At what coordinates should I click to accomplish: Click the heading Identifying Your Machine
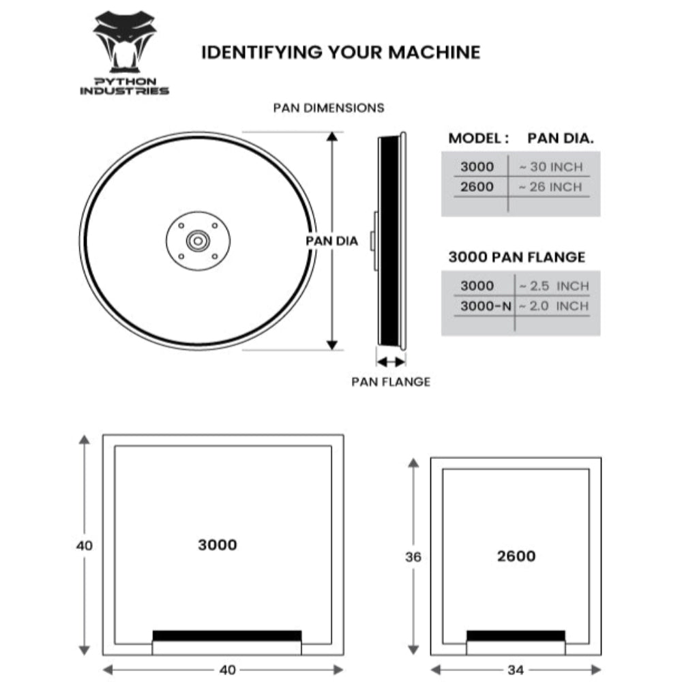[340, 53]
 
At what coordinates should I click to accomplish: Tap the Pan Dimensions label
[329, 108]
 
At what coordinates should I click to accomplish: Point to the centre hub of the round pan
[198, 241]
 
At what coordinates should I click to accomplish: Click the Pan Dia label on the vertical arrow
[331, 241]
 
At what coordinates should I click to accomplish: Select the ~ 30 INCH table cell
[550, 166]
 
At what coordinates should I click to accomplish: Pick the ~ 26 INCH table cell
[550, 187]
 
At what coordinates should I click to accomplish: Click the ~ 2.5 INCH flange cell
[553, 286]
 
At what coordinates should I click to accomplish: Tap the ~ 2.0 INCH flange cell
[553, 306]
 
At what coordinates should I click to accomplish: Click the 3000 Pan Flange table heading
[516, 257]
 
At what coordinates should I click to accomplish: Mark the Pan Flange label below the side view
[391, 382]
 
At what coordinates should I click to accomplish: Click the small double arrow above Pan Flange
[391, 361]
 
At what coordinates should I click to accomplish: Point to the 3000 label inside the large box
[218, 545]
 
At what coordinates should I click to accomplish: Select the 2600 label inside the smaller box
[516, 556]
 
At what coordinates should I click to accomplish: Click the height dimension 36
[413, 557]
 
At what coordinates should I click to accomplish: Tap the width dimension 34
[516, 670]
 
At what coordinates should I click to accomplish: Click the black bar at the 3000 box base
[226, 636]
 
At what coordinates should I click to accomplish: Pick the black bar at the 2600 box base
[516, 636]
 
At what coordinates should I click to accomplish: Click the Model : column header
[478, 138]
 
